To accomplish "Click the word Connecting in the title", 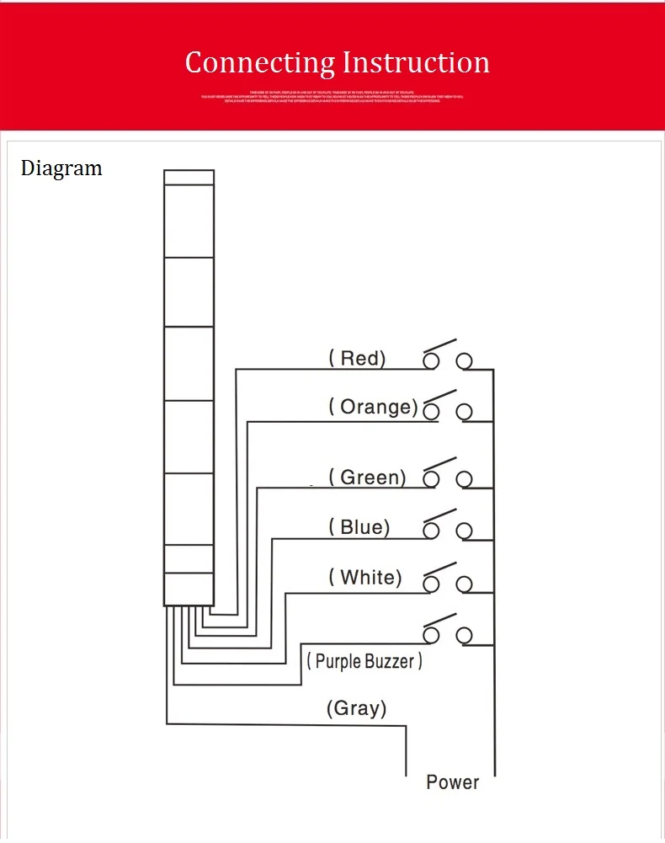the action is pyautogui.click(x=259, y=63).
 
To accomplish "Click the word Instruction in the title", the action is pyautogui.click(x=417, y=62).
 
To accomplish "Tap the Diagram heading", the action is pyautogui.click(x=61, y=168).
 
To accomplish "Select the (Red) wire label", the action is pyautogui.click(x=357, y=359).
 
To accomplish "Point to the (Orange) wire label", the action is pyautogui.click(x=373, y=408).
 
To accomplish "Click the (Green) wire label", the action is pyautogui.click(x=367, y=478).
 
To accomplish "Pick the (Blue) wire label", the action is pyautogui.click(x=359, y=528).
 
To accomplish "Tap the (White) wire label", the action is pyautogui.click(x=365, y=578).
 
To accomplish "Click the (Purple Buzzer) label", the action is pyautogui.click(x=364, y=662).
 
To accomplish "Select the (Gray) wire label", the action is pyautogui.click(x=357, y=708).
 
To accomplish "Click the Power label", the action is pyautogui.click(x=452, y=782).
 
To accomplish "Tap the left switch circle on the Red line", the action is pyautogui.click(x=432, y=361).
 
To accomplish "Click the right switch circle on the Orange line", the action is pyautogui.click(x=464, y=412).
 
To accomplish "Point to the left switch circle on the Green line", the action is pyautogui.click(x=432, y=479).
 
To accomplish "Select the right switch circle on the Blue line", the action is pyautogui.click(x=464, y=531).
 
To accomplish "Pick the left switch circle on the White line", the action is pyautogui.click(x=432, y=584).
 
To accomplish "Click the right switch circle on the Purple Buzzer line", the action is pyautogui.click(x=464, y=634).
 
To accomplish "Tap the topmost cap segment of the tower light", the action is pyautogui.click(x=189, y=177).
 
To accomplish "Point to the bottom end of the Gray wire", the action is pyautogui.click(x=407, y=773).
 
